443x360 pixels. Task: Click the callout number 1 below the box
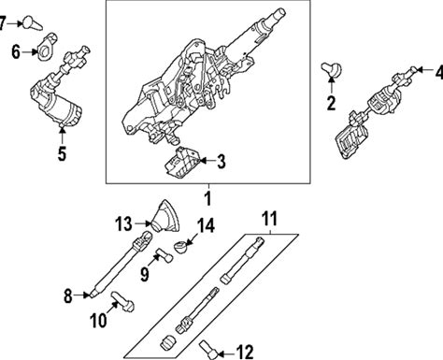pyautogui.click(x=207, y=198)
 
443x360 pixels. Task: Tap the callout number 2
pyautogui.click(x=331, y=103)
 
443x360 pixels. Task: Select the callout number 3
pyautogui.click(x=221, y=162)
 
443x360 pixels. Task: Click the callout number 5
pyautogui.click(x=62, y=153)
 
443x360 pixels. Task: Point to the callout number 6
pyautogui.click(x=16, y=51)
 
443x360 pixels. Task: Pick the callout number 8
pyautogui.click(x=68, y=295)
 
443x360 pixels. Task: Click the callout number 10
pyautogui.click(x=98, y=320)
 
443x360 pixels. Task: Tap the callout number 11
pyautogui.click(x=270, y=219)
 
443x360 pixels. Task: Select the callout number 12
pyautogui.click(x=245, y=353)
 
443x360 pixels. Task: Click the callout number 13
pyautogui.click(x=123, y=223)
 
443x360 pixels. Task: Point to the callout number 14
pyautogui.click(x=206, y=225)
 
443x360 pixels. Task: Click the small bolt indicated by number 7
pyautogui.click(x=33, y=23)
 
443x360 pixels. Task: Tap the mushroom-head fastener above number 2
pyautogui.click(x=332, y=69)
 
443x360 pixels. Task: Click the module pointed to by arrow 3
pyautogui.click(x=181, y=163)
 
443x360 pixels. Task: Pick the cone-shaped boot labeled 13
pyautogui.click(x=166, y=216)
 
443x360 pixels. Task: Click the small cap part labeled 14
pyautogui.click(x=182, y=247)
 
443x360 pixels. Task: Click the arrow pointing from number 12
pyautogui.click(x=226, y=353)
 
